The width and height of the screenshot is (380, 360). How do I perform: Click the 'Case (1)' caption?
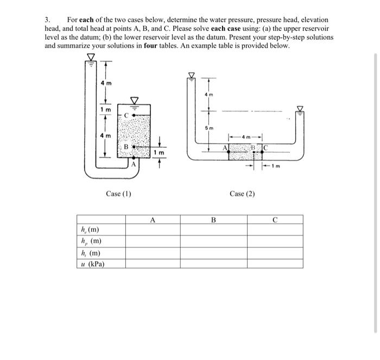pos(118,194)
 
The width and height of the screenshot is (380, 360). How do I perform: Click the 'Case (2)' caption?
pos(242,194)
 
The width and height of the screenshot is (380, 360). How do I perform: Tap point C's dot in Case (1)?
pos(135,116)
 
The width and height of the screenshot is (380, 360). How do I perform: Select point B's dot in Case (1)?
pos(132,147)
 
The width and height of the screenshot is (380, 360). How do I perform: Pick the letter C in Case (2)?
pos(268,147)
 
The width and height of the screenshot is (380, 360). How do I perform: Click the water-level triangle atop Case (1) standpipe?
pos(91,56)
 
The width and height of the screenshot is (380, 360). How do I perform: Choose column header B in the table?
pos(213,220)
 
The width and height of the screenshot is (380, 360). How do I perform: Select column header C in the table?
pos(275,220)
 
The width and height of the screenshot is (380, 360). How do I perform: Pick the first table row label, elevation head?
pos(90,230)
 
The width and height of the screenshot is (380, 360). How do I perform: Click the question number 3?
pos(47,19)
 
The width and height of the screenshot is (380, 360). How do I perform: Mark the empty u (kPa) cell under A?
pos(153,264)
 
